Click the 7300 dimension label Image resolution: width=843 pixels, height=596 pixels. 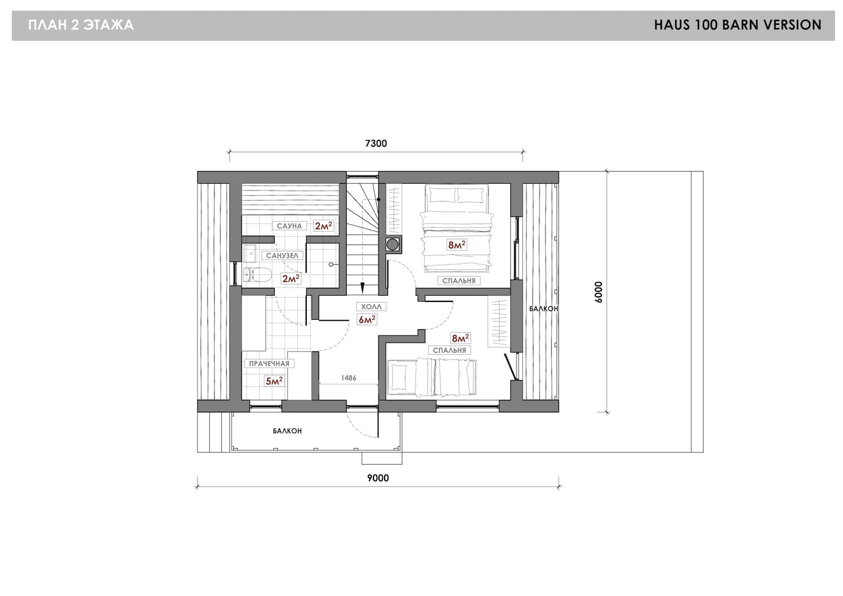tap(376, 143)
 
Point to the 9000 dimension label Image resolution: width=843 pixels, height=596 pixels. tap(378, 478)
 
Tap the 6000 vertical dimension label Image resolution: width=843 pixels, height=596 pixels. tap(599, 292)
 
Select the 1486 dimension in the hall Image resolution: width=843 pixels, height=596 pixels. tap(349, 377)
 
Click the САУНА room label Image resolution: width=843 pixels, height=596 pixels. tap(289, 226)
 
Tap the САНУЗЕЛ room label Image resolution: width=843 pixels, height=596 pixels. tap(282, 256)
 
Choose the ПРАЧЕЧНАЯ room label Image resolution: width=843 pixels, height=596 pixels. tap(269, 364)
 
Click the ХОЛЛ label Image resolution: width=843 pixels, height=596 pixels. tap(371, 307)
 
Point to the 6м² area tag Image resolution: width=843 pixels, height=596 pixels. tap(367, 320)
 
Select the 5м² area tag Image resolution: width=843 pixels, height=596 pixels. tap(274, 381)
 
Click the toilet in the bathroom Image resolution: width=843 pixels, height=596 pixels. tap(258, 275)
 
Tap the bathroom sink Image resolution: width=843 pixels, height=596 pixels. tap(249, 253)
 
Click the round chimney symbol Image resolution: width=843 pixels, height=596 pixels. tap(392, 244)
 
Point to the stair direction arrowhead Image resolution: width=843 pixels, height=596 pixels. tap(362, 288)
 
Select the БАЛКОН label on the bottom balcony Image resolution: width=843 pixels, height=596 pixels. tap(287, 430)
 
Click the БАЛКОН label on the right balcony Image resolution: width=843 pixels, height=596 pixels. tap(543, 308)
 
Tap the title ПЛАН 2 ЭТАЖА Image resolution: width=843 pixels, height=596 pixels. tap(81, 25)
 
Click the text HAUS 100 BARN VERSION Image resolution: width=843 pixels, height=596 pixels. tap(738, 25)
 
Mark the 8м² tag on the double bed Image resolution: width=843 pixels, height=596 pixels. tap(456, 245)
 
